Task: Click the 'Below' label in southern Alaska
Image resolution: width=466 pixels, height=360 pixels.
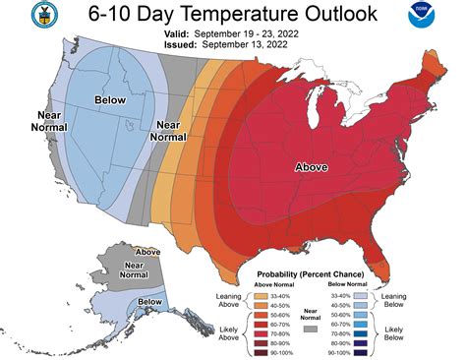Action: click(150, 301)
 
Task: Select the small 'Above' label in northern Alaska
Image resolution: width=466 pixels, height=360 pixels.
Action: click(147, 252)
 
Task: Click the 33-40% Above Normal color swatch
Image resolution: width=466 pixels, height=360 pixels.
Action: click(260, 294)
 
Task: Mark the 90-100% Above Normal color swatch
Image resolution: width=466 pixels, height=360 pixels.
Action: click(260, 351)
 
